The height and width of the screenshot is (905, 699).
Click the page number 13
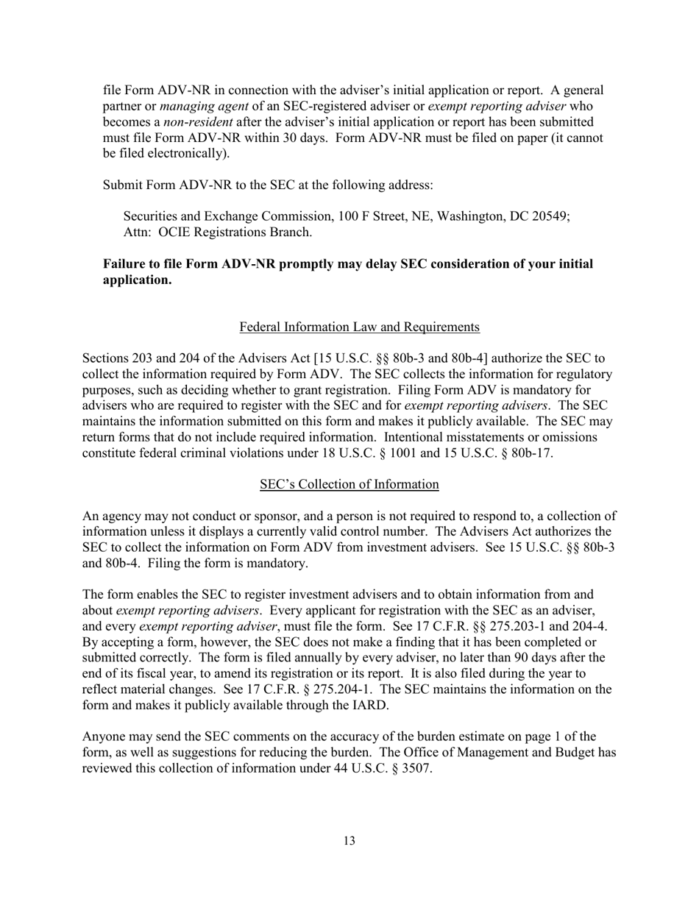(349, 841)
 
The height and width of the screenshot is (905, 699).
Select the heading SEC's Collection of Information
(349, 484)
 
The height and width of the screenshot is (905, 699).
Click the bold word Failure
(125, 264)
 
